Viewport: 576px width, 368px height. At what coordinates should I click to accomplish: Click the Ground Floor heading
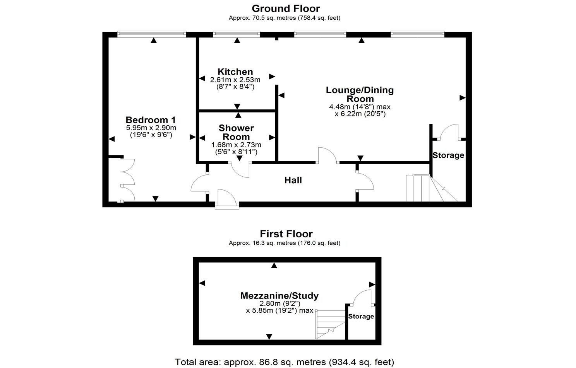(x=286, y=9)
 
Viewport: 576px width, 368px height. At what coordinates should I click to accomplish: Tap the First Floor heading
(x=286, y=234)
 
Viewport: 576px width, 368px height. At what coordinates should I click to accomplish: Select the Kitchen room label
(x=235, y=72)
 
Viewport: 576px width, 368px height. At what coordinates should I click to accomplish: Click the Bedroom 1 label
(x=151, y=120)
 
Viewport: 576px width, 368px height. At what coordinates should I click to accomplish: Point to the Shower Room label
(x=236, y=132)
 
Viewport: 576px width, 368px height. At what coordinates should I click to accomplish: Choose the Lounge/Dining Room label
(x=360, y=94)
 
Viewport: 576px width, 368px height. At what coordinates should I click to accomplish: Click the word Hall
(x=293, y=180)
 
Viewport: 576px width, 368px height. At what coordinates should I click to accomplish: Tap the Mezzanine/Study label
(x=279, y=296)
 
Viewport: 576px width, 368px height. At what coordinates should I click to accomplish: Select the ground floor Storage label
(x=448, y=155)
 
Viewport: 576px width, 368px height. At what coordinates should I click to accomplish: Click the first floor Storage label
(x=361, y=317)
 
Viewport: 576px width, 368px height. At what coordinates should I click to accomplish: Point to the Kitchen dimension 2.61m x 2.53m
(x=235, y=80)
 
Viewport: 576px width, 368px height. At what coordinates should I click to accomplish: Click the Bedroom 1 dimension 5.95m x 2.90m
(x=151, y=128)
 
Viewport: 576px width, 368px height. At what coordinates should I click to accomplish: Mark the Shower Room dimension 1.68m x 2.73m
(x=236, y=145)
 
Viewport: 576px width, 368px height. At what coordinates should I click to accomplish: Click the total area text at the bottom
(x=285, y=362)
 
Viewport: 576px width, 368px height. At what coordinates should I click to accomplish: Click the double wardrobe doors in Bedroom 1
(x=127, y=180)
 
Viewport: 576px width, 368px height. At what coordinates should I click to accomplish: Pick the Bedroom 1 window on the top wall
(x=152, y=34)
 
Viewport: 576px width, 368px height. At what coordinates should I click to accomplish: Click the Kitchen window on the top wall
(x=237, y=34)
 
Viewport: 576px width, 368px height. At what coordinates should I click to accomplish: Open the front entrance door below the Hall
(x=227, y=199)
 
